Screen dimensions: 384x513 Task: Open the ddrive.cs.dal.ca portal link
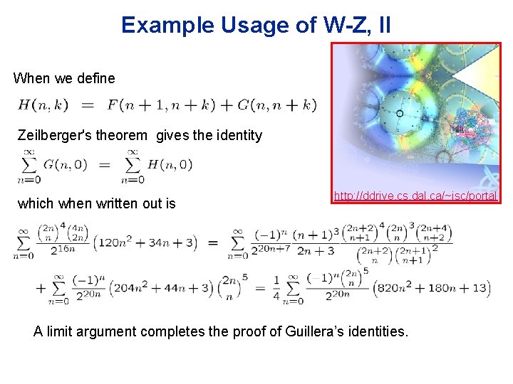415,196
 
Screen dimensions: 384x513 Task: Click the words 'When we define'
64,78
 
